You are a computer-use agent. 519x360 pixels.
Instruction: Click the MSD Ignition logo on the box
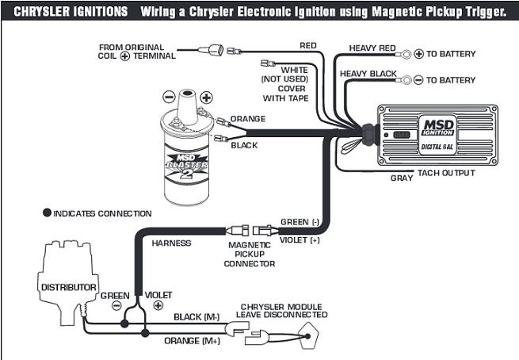point(438,128)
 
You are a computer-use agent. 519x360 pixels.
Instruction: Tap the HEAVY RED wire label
point(372,48)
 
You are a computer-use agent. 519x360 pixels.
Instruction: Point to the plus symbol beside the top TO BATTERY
point(418,54)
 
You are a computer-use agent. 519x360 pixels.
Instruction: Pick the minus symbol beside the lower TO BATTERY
point(418,80)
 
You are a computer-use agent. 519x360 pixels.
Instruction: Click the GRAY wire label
point(402,178)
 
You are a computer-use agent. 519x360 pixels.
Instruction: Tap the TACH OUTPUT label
point(446,173)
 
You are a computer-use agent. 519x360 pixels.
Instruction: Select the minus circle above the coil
point(169,97)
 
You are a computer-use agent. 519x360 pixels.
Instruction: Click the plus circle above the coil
point(207,98)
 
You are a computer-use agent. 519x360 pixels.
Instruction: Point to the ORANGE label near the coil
point(248,119)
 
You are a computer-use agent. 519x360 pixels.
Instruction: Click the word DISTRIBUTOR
point(68,287)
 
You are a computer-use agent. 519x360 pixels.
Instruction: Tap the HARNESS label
point(171,243)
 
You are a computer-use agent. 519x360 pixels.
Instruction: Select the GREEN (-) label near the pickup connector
point(300,222)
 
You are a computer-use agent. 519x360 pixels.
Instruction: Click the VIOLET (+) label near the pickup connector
point(300,239)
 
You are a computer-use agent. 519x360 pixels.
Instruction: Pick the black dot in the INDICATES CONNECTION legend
point(47,213)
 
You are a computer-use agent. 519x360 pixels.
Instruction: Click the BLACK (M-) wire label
point(197,317)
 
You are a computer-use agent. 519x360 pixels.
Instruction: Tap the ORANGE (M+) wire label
point(193,340)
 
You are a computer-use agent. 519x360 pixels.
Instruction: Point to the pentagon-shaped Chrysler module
point(308,335)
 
